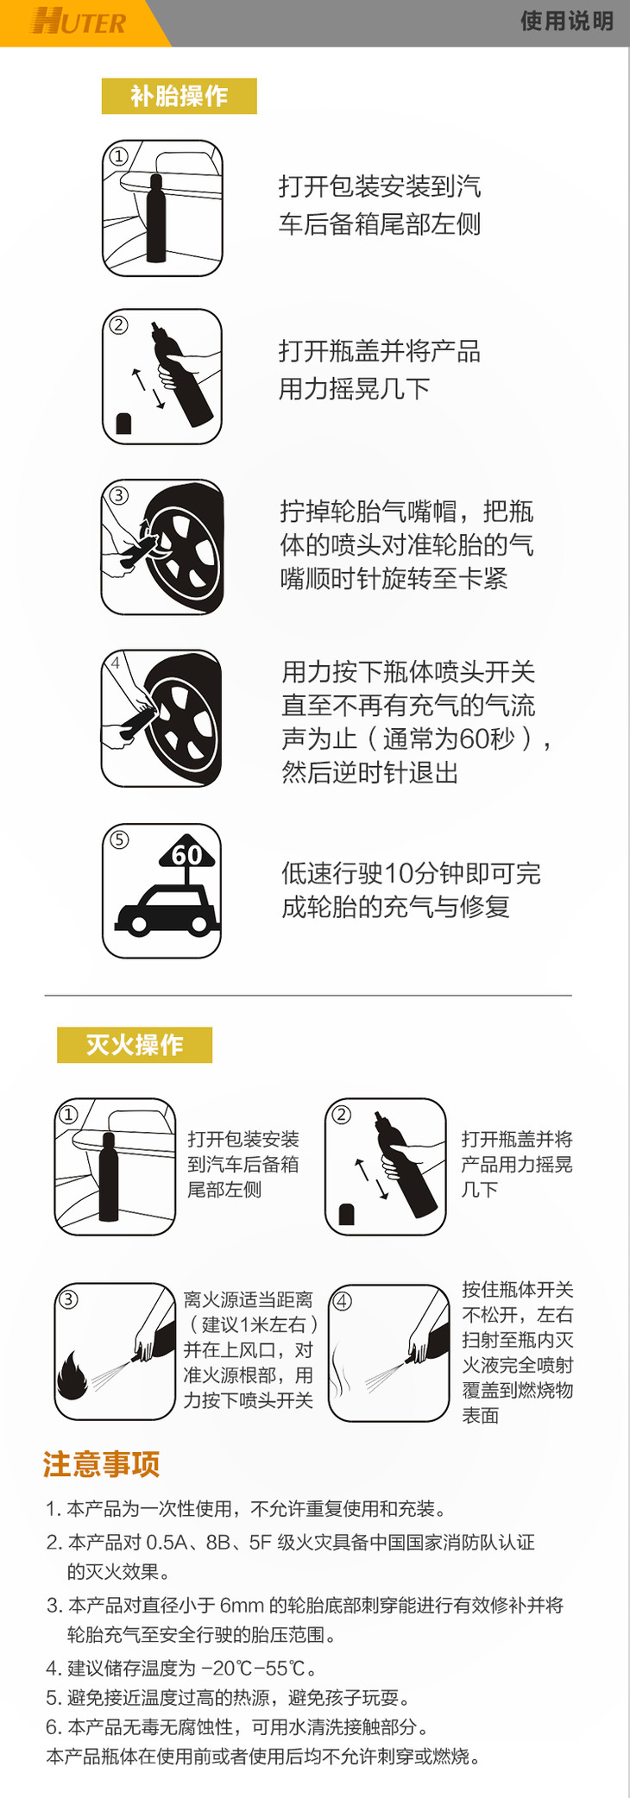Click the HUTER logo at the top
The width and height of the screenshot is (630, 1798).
point(79,21)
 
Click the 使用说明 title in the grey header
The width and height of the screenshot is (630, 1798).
point(567,21)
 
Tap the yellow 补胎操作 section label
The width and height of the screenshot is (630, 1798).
point(179,96)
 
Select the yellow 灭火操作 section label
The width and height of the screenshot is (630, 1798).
point(135,1045)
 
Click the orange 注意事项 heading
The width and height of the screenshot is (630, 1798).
point(101,1464)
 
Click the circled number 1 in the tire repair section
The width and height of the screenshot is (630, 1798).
point(118,156)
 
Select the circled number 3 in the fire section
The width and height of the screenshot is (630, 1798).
point(68,1298)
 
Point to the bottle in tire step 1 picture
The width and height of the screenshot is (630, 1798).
point(156,218)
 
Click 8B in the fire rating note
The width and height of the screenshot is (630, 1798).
point(218,1542)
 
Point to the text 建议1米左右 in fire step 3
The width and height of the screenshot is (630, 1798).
point(254,1324)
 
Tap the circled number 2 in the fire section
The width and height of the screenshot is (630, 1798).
point(342,1114)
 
